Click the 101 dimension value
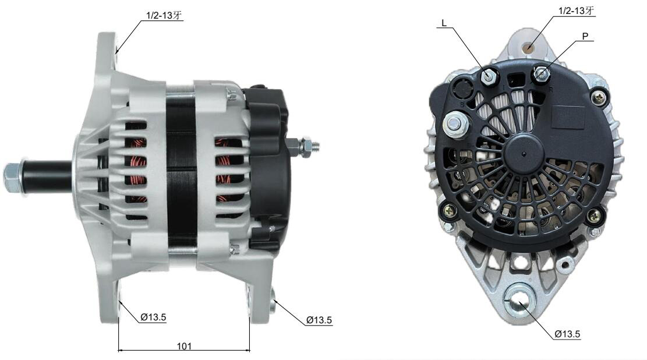click(x=184, y=346)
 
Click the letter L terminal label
click(x=444, y=23)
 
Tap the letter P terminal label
click(x=585, y=36)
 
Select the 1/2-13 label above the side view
click(x=164, y=16)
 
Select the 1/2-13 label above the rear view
click(x=577, y=10)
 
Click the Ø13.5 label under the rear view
click(x=567, y=334)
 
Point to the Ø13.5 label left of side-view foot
click(x=153, y=317)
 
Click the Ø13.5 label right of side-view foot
click(x=319, y=320)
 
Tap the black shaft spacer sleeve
click(x=46, y=177)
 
